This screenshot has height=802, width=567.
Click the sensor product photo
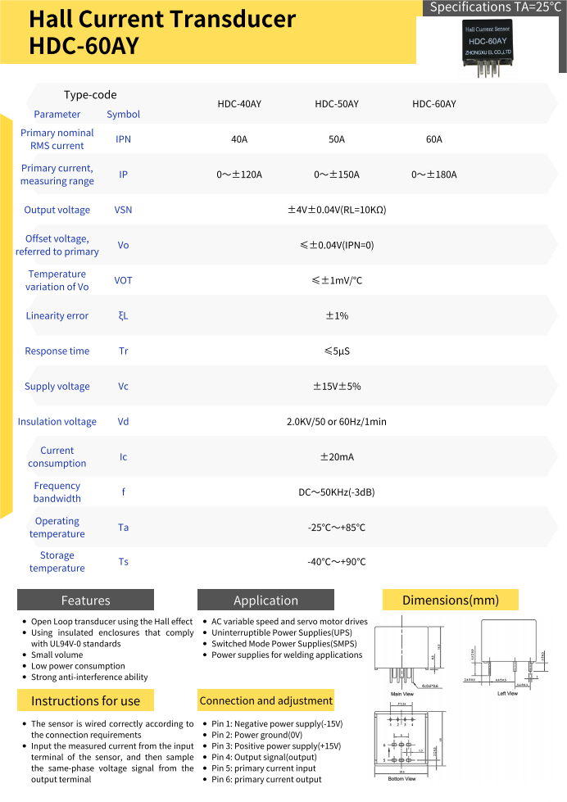(x=489, y=48)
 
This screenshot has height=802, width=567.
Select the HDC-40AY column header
(x=239, y=104)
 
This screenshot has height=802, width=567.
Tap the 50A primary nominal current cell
(x=337, y=139)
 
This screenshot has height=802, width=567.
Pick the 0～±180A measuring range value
(x=434, y=174)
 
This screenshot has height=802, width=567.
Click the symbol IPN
(x=123, y=139)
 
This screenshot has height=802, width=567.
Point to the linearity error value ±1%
(x=337, y=315)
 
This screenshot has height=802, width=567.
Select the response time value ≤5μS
(x=337, y=351)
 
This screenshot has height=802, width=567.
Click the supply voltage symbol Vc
(x=123, y=387)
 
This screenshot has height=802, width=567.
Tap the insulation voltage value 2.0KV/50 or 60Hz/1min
(x=337, y=422)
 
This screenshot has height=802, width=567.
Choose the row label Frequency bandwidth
(x=57, y=492)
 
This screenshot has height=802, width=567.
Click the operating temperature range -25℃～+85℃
(x=337, y=528)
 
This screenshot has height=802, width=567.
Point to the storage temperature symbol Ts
(x=123, y=562)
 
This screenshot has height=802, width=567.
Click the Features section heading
(x=85, y=600)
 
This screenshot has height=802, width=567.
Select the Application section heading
(x=265, y=600)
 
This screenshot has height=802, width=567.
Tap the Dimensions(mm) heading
(x=450, y=600)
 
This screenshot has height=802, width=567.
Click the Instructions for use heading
(x=85, y=700)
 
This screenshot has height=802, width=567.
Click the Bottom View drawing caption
(x=401, y=778)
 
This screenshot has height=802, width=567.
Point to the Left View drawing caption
(x=507, y=694)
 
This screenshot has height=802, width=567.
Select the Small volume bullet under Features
(x=57, y=655)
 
